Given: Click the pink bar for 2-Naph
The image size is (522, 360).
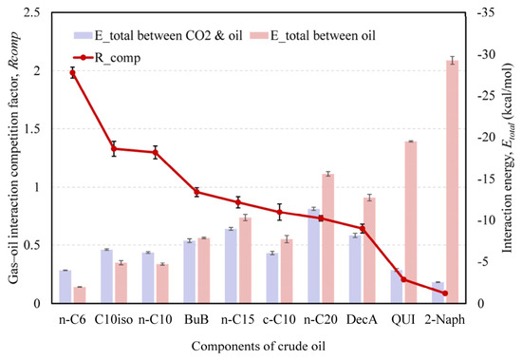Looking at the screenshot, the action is pos(452,181).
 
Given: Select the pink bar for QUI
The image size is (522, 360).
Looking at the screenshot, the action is pos(411,222).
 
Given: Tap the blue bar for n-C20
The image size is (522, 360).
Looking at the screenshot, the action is pos(313,256).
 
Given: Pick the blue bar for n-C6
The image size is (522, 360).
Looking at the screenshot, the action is pos(65,286).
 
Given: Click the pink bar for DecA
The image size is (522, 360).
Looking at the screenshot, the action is pos(369,251).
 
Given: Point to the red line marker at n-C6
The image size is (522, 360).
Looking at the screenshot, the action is pos(72,73).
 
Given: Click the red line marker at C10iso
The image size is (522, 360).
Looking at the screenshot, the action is pos(114,149).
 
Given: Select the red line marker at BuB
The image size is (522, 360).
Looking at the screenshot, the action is pos(196,192).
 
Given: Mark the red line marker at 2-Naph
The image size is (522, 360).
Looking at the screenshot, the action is pos(445,294).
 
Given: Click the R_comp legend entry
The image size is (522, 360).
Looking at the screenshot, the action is pos(107,58).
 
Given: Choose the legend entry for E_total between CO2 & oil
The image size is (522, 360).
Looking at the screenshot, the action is pos(158,35).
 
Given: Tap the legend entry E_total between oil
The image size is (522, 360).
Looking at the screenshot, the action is pos(313,35).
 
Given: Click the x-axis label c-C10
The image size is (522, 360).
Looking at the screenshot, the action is pos(279,320).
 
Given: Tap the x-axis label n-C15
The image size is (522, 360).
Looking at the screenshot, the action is pos(237,320).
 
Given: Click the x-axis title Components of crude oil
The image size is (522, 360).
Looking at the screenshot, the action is pos(258,346).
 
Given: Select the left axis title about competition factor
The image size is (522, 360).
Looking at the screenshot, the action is pos(13,158).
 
